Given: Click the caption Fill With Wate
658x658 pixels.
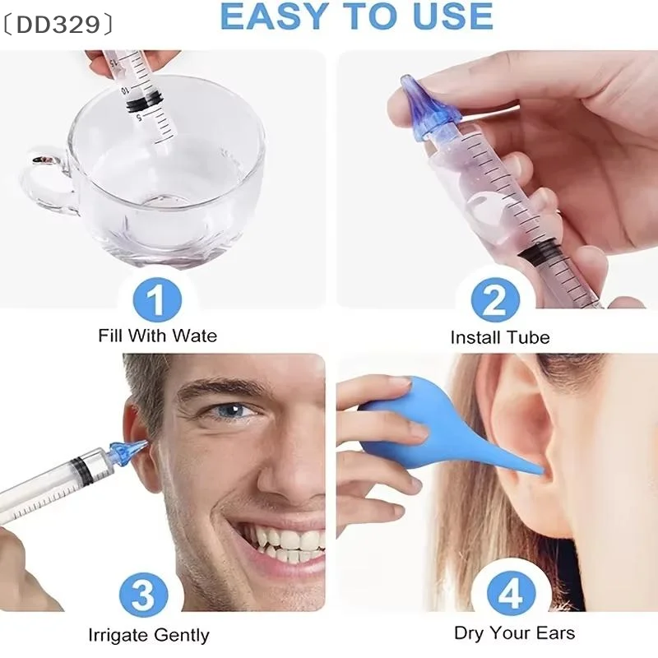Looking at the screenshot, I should pos(158,336).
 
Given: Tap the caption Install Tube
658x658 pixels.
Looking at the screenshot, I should pos(500,337).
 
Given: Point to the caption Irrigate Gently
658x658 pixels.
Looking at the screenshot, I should pos(149,635).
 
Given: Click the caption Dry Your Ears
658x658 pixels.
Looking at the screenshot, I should pos(515,633).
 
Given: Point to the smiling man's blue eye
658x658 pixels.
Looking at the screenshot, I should pos(235,410).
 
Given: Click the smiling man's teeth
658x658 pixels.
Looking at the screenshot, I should pos(284,543).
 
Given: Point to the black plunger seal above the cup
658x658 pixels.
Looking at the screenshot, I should pos(143,101).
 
